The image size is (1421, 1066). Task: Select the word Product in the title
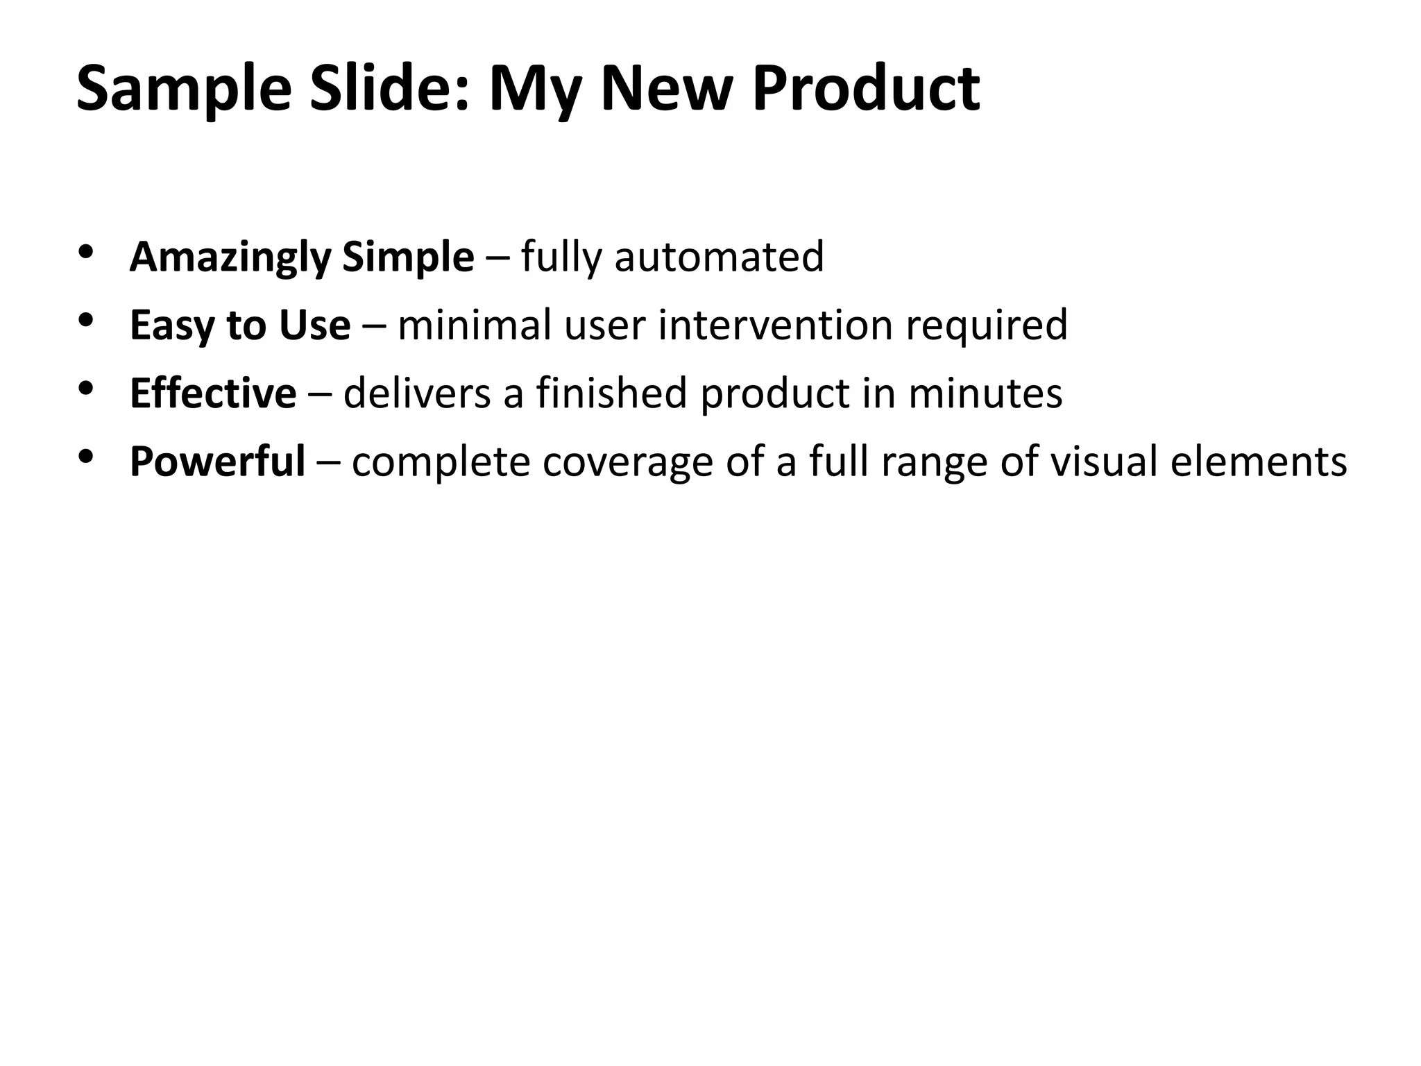[x=866, y=89]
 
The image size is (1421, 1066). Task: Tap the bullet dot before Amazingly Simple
[x=86, y=251]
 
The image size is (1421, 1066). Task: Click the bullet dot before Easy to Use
[x=86, y=319]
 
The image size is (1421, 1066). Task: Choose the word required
[x=986, y=326]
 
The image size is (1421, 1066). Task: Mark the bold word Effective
[x=213, y=393]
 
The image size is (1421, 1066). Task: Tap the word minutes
[x=985, y=393]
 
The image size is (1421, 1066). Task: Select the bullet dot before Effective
[x=86, y=387]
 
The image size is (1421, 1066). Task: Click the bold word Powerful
[x=217, y=462]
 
